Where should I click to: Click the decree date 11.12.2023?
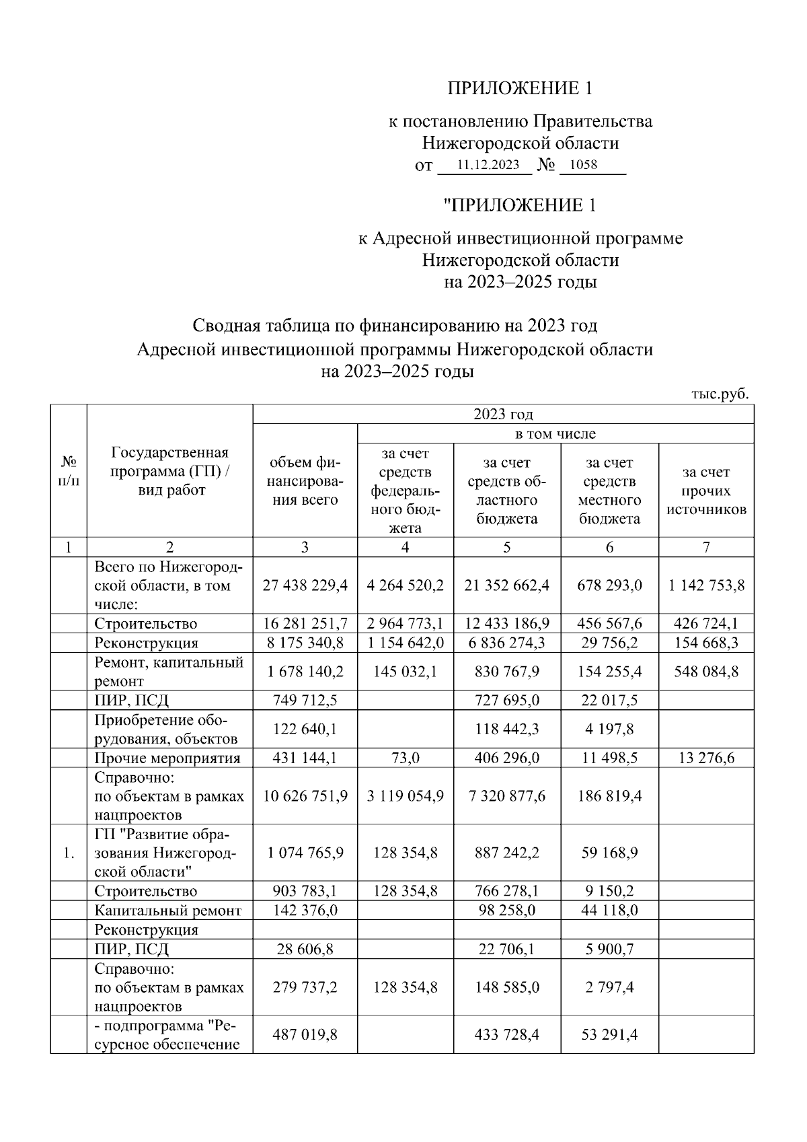(x=488, y=165)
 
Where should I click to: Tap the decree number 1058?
(x=583, y=165)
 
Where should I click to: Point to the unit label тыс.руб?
(x=720, y=394)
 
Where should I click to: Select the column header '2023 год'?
(x=503, y=414)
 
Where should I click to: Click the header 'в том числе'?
(x=555, y=433)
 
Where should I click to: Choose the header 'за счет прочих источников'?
(x=706, y=491)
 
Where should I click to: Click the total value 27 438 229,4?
(x=305, y=585)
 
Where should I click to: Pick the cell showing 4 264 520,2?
(x=406, y=585)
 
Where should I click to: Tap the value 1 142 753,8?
(x=706, y=585)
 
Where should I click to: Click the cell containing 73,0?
(x=406, y=758)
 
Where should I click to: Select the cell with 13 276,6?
(x=706, y=758)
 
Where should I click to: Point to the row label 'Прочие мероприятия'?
(x=167, y=758)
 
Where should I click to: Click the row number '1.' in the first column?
(x=69, y=853)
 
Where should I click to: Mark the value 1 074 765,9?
(x=305, y=853)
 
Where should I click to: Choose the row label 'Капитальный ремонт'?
(x=167, y=911)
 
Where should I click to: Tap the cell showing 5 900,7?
(x=609, y=949)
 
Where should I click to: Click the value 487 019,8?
(x=305, y=1034)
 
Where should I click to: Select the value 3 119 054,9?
(x=406, y=796)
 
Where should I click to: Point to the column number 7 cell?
(x=706, y=547)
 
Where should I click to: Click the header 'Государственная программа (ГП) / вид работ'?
(x=169, y=471)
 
